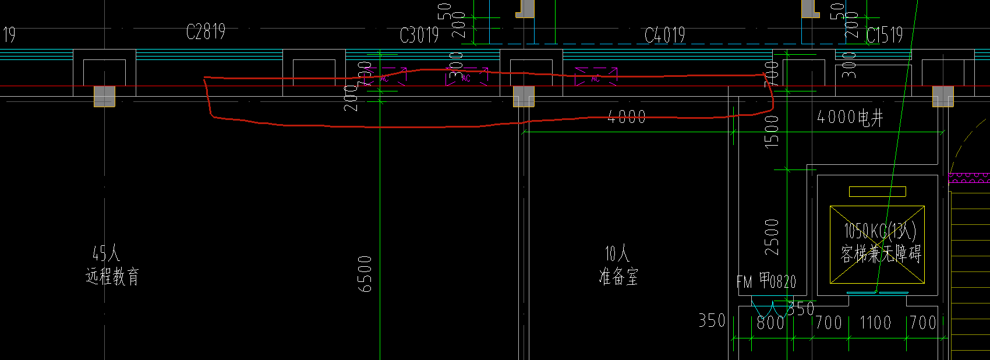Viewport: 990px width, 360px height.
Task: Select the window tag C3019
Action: (x=419, y=36)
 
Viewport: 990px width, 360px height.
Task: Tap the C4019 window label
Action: (x=664, y=36)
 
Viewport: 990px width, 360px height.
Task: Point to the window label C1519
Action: (x=884, y=36)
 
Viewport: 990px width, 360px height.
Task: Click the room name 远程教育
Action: (x=112, y=276)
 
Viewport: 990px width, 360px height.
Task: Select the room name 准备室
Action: (x=618, y=276)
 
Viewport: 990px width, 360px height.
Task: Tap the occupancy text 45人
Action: (x=106, y=253)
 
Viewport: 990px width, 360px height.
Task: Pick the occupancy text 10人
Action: (x=617, y=253)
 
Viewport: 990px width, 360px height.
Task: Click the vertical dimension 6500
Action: (x=365, y=274)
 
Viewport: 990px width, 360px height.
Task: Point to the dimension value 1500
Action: (x=772, y=131)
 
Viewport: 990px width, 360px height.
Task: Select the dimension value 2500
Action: (x=772, y=237)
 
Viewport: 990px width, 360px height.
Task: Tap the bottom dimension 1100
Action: (x=875, y=322)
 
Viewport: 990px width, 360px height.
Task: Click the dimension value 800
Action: (x=770, y=322)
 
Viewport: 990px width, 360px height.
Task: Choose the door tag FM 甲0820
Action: (x=766, y=282)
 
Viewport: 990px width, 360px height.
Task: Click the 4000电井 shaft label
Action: (x=850, y=118)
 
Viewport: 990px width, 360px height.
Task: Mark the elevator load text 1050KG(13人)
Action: (x=880, y=231)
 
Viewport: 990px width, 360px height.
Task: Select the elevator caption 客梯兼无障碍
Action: (x=881, y=254)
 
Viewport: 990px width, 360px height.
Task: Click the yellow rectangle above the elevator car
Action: (x=877, y=192)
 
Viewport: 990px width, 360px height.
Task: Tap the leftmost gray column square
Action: (x=104, y=96)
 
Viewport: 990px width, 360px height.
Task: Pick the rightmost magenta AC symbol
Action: (x=596, y=77)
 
